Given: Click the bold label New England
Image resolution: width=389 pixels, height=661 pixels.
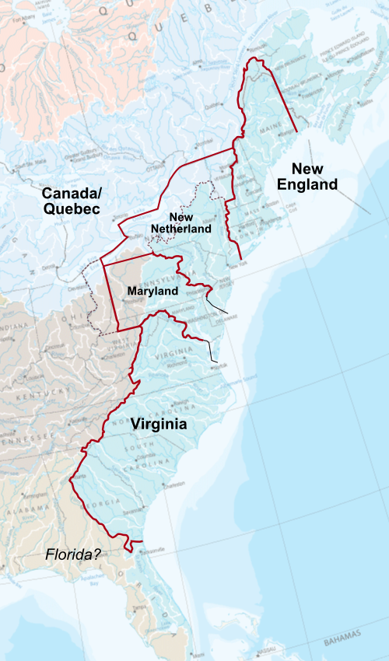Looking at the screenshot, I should (x=314, y=177).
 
